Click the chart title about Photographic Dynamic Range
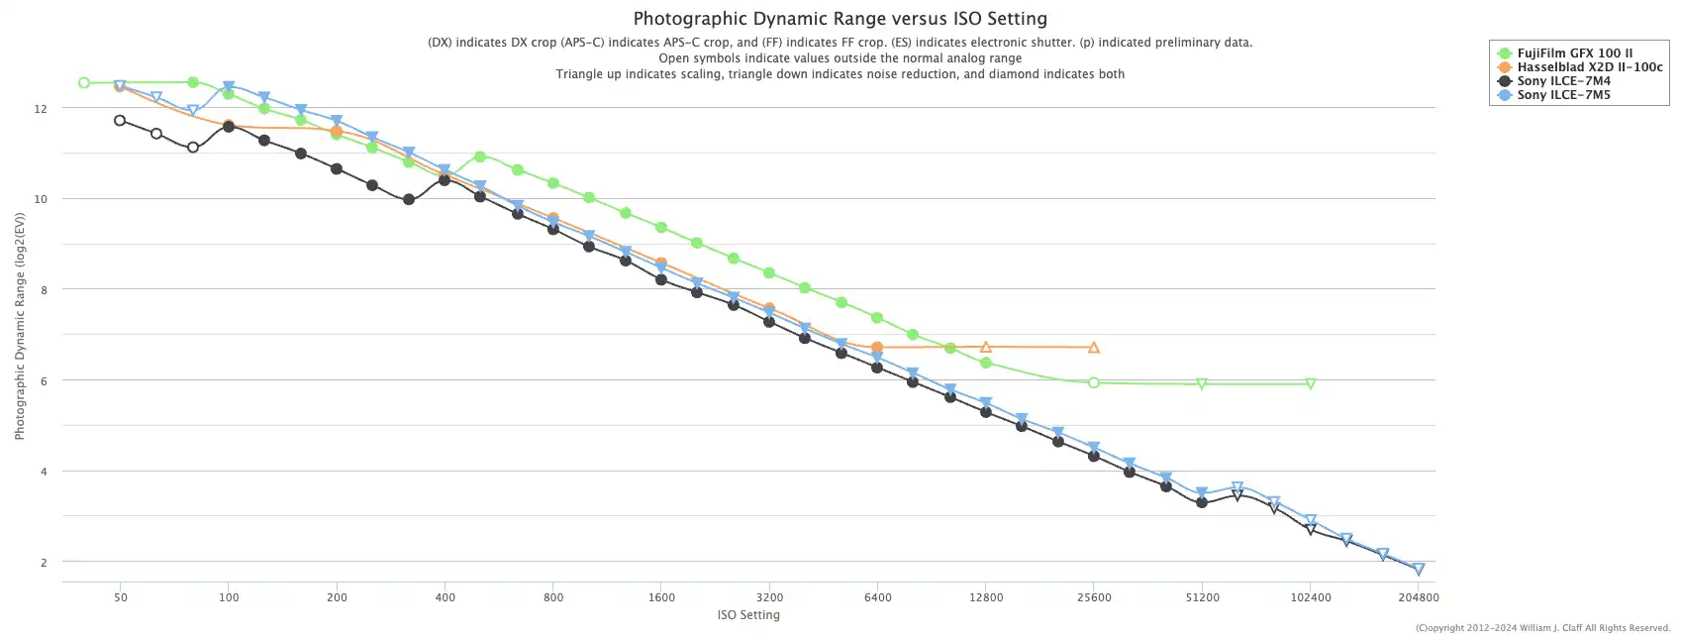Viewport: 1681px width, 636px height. coord(840,19)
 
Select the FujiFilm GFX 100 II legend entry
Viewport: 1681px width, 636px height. coord(1574,53)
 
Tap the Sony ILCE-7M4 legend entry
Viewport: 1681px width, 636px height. coord(1563,81)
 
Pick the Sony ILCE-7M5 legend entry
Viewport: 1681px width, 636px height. coord(1563,95)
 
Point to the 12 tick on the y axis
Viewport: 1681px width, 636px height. coord(41,108)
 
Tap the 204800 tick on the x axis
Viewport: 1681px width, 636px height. coord(1418,597)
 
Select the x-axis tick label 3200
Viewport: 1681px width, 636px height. coord(769,597)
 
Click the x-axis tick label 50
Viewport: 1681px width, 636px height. coord(120,597)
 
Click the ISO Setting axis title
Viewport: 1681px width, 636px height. coord(748,615)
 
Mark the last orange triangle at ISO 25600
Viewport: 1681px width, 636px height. coord(1094,348)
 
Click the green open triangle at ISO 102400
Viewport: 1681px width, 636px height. coord(1310,383)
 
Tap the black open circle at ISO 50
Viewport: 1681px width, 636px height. coord(120,121)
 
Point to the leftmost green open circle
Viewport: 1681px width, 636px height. coord(84,83)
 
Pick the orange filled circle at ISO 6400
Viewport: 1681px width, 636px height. coord(877,348)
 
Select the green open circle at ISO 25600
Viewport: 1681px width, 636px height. coord(1094,382)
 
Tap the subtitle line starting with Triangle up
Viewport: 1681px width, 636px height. coord(840,74)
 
